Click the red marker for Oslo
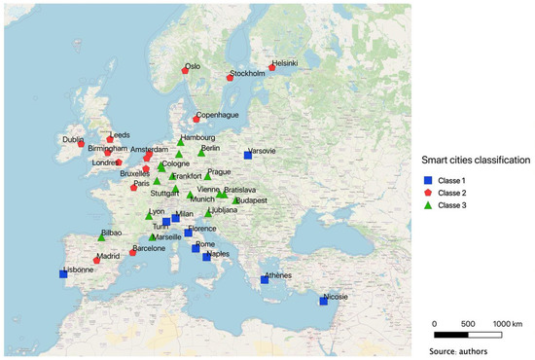(x=185, y=70)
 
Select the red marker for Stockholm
(x=230, y=78)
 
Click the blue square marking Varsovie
(x=248, y=156)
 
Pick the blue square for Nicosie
(x=323, y=301)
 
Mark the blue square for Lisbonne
(x=63, y=274)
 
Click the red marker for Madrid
(x=96, y=261)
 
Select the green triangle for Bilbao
(x=101, y=237)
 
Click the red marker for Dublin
(x=81, y=144)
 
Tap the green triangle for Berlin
(x=201, y=153)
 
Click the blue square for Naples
(x=206, y=258)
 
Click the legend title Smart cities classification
(x=475, y=160)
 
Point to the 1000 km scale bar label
(x=508, y=323)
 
